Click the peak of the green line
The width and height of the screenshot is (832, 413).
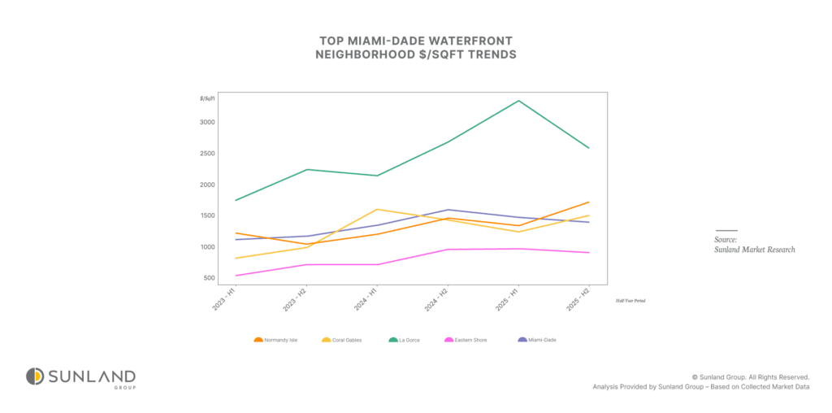[x=518, y=101]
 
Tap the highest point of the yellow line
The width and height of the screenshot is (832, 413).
[x=377, y=209]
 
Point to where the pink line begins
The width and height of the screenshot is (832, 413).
[x=236, y=276]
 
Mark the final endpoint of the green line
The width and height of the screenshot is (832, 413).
[x=589, y=148]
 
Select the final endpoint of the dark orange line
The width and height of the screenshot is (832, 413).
[x=589, y=202]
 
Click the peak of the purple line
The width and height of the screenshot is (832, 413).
[x=448, y=210]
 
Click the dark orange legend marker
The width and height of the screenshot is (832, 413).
[x=258, y=340]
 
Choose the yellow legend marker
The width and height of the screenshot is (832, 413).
[x=327, y=340]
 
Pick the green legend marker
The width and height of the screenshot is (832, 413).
[x=393, y=340]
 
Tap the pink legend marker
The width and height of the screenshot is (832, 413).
[x=448, y=340]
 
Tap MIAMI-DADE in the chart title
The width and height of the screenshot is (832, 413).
[x=389, y=41]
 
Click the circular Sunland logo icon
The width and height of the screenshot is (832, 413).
[x=34, y=376]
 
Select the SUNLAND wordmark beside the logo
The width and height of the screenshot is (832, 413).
[x=91, y=376]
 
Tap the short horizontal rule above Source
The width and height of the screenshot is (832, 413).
[x=726, y=230]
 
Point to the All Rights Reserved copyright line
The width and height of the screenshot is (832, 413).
[x=750, y=377]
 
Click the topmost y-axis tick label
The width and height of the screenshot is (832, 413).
[x=207, y=98]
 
